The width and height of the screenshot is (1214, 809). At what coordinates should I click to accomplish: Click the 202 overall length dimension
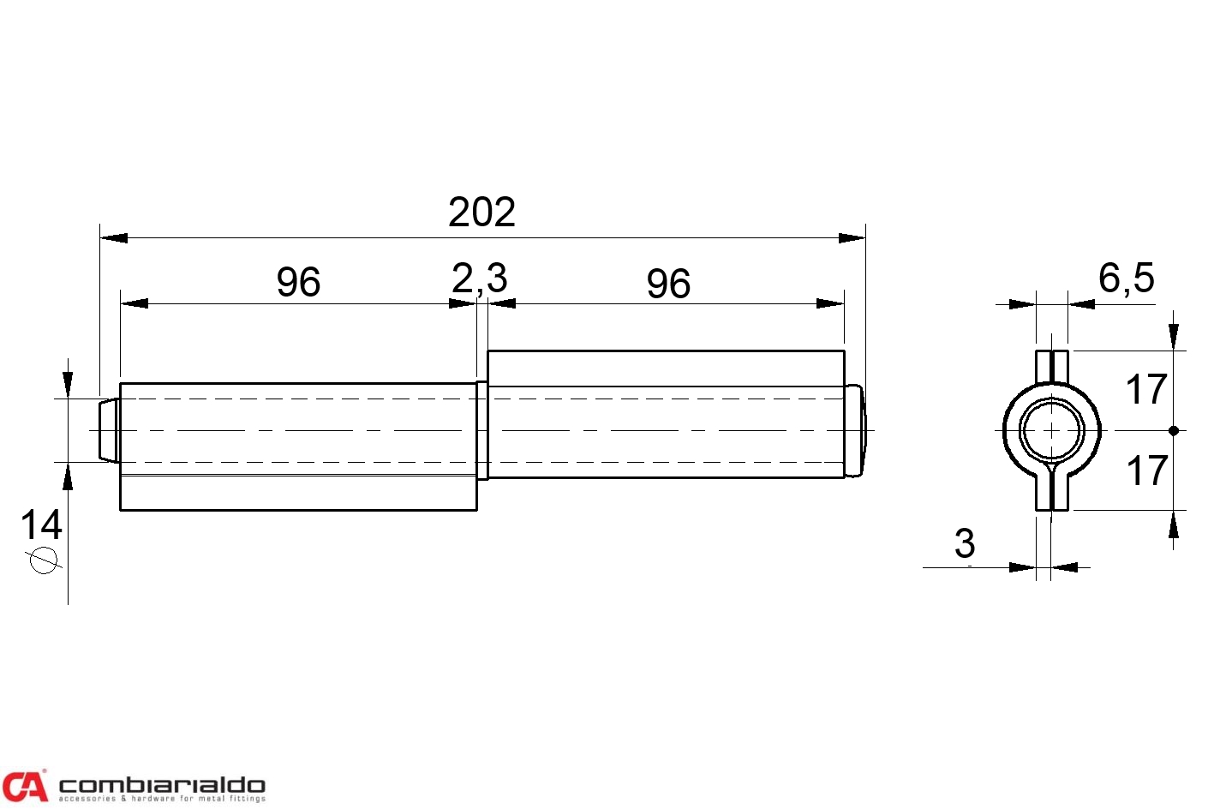coord(481,212)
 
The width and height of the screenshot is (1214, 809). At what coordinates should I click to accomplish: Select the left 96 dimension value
coord(298,282)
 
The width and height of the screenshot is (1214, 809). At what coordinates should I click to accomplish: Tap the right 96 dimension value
coord(668,284)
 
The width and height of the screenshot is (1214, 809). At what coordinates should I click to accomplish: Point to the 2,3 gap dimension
coord(479,279)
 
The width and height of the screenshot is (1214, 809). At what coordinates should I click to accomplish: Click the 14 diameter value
coord(41,524)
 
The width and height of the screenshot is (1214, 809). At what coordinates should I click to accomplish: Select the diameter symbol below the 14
coord(44,560)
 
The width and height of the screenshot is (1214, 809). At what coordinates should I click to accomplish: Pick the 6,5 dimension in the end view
coord(1127,279)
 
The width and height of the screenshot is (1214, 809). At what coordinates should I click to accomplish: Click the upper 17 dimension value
coord(1146,389)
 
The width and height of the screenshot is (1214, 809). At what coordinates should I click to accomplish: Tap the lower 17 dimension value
coord(1147,470)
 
